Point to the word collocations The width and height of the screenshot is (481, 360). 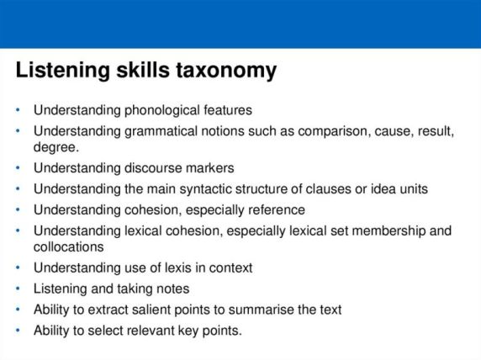click(x=69, y=246)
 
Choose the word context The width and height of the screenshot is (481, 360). click(x=229, y=267)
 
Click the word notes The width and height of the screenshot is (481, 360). click(x=172, y=289)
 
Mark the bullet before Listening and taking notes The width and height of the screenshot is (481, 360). click(x=19, y=289)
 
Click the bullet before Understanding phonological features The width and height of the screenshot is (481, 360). click(x=19, y=109)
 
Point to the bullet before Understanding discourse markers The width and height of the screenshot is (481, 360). click(x=19, y=167)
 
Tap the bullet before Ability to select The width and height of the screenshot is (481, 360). click(x=19, y=331)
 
